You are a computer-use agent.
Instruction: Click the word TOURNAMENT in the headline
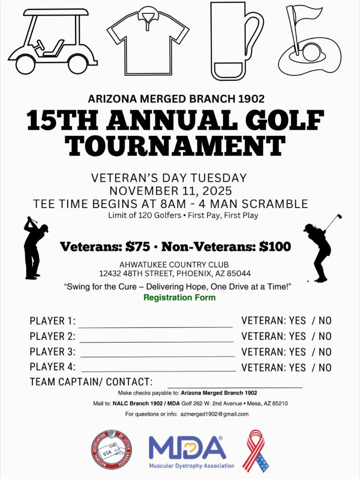[175, 145]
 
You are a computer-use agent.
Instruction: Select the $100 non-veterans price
[275, 246]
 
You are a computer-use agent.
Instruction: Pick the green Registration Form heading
[180, 297]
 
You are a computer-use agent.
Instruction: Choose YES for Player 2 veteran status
[298, 337]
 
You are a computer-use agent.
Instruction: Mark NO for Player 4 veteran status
[325, 368]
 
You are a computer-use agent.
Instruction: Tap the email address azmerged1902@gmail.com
[214, 414]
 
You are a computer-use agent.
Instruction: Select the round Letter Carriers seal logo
[112, 450]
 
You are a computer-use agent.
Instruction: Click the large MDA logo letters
[187, 448]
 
